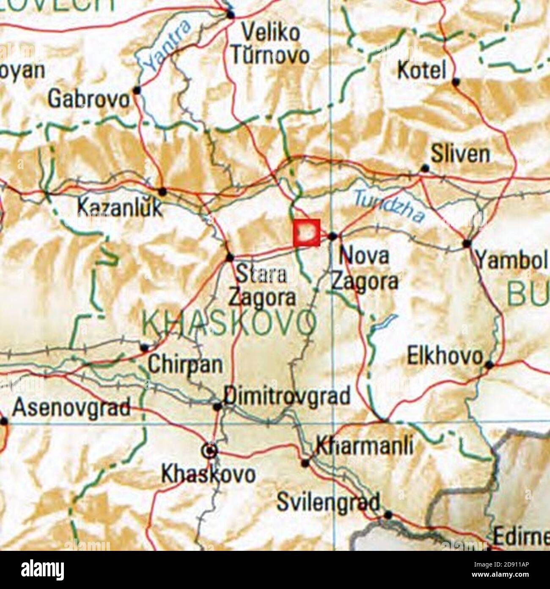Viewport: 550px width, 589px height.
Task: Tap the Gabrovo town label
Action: point(89,99)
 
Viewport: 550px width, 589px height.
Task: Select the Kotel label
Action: point(422,70)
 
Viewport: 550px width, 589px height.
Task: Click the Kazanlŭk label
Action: point(120,208)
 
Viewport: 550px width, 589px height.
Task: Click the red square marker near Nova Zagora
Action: point(307,232)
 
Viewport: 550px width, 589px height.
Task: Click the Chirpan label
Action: point(185,364)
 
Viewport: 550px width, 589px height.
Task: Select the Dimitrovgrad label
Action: point(287,396)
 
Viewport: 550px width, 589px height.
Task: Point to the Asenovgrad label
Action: point(71,408)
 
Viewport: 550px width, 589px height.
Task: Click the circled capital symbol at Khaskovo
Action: point(210,452)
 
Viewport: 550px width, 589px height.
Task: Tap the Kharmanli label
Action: point(364,446)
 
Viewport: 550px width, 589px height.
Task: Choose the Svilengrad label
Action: point(328,502)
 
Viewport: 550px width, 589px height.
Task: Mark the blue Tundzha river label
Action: point(389,207)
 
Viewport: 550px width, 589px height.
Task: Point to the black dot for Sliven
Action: point(425,168)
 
